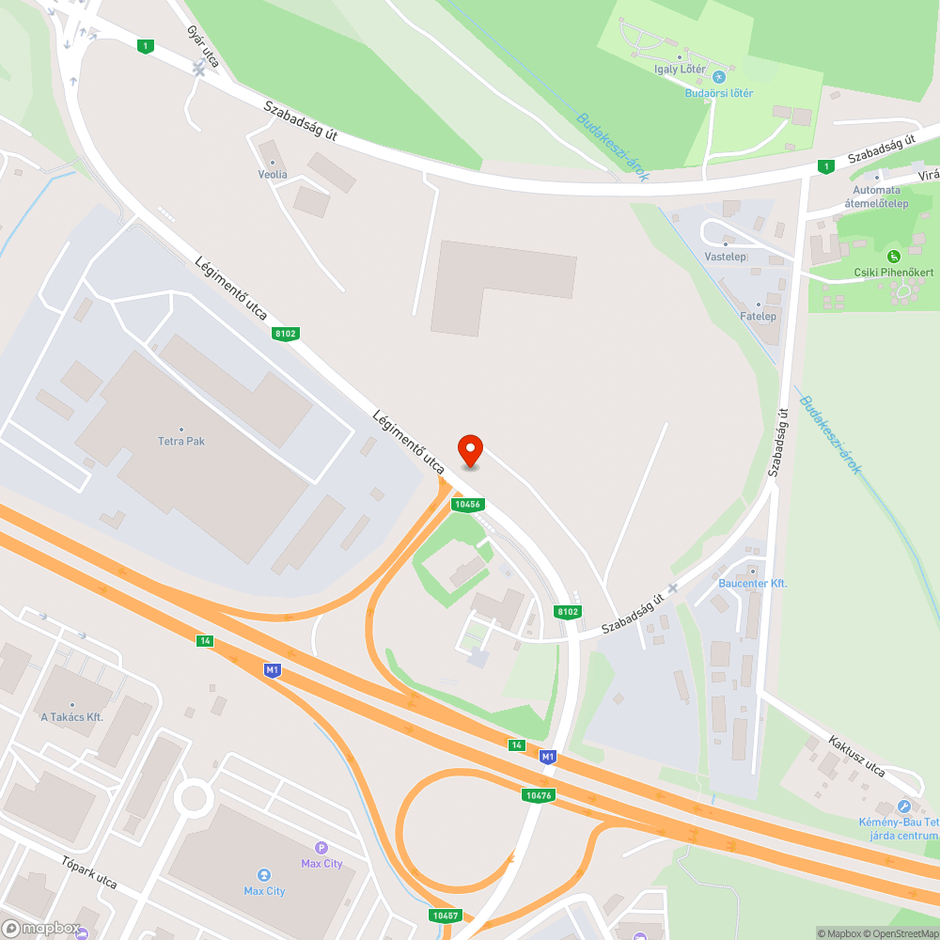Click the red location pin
coord(469,450)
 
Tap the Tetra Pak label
coord(180,441)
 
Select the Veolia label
coord(273,175)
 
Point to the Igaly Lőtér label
coord(680,70)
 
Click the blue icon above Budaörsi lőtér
coord(719,77)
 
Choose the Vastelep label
coord(725,257)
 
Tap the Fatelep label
coord(758,316)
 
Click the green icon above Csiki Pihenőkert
coord(893,256)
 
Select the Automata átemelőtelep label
coord(876,196)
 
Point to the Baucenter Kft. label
coord(752,584)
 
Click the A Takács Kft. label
coord(71,717)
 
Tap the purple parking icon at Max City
coord(321,848)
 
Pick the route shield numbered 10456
coord(467,505)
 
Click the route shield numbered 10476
coord(540,795)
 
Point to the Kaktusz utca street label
coord(856,756)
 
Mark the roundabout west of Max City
coord(194,799)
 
